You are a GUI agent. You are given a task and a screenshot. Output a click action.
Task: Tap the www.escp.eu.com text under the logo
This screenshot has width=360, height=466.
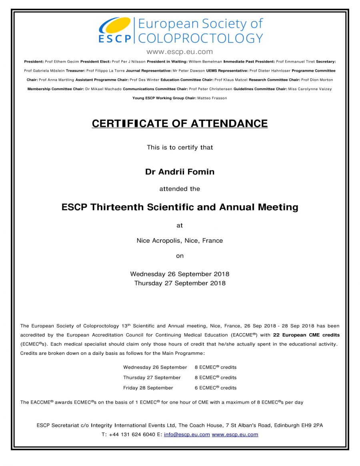(x=180, y=52)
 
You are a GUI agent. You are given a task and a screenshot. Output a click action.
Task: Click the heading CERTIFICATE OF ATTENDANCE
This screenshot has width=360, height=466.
(x=180, y=124)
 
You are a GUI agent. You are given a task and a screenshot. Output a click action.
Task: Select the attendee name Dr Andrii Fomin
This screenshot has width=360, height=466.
(x=180, y=172)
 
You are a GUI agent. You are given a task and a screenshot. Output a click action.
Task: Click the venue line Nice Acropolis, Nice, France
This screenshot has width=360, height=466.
(x=180, y=241)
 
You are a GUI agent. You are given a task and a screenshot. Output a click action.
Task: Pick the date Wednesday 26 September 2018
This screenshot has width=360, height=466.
(x=180, y=274)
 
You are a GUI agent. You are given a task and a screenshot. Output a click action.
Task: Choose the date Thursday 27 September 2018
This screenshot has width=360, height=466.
(x=180, y=283)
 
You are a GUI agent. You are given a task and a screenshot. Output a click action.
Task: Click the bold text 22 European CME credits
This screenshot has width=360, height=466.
(x=306, y=335)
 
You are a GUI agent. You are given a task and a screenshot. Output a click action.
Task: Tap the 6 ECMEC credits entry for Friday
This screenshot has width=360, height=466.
(x=216, y=388)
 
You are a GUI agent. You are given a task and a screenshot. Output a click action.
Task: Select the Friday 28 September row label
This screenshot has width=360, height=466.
(x=148, y=388)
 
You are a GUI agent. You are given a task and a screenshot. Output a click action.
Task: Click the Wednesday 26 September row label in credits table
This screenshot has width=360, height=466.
(x=155, y=367)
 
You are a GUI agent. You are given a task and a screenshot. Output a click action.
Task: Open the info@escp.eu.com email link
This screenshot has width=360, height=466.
(x=187, y=434)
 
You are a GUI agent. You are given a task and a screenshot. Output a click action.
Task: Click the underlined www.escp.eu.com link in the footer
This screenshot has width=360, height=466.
(x=235, y=434)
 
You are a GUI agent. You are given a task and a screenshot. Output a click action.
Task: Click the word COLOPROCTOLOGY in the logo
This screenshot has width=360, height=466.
(x=200, y=38)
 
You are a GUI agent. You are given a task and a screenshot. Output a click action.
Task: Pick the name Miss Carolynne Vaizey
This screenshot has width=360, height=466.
(x=310, y=89)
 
